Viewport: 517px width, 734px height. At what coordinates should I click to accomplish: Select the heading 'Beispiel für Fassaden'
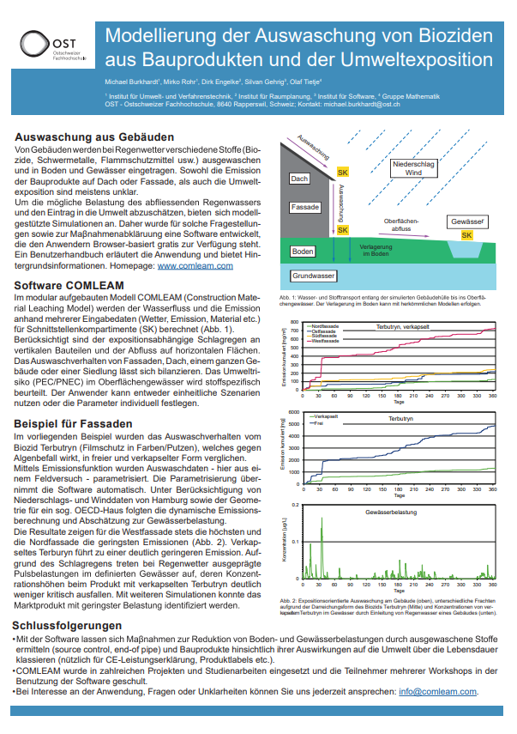[74, 424]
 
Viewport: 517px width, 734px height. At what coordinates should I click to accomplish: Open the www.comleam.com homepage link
[195, 266]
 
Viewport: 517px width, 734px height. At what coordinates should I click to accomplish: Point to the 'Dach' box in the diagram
[298, 179]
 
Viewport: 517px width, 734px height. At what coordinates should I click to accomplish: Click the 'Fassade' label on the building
[305, 208]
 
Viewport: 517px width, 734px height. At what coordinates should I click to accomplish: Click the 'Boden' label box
[303, 252]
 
